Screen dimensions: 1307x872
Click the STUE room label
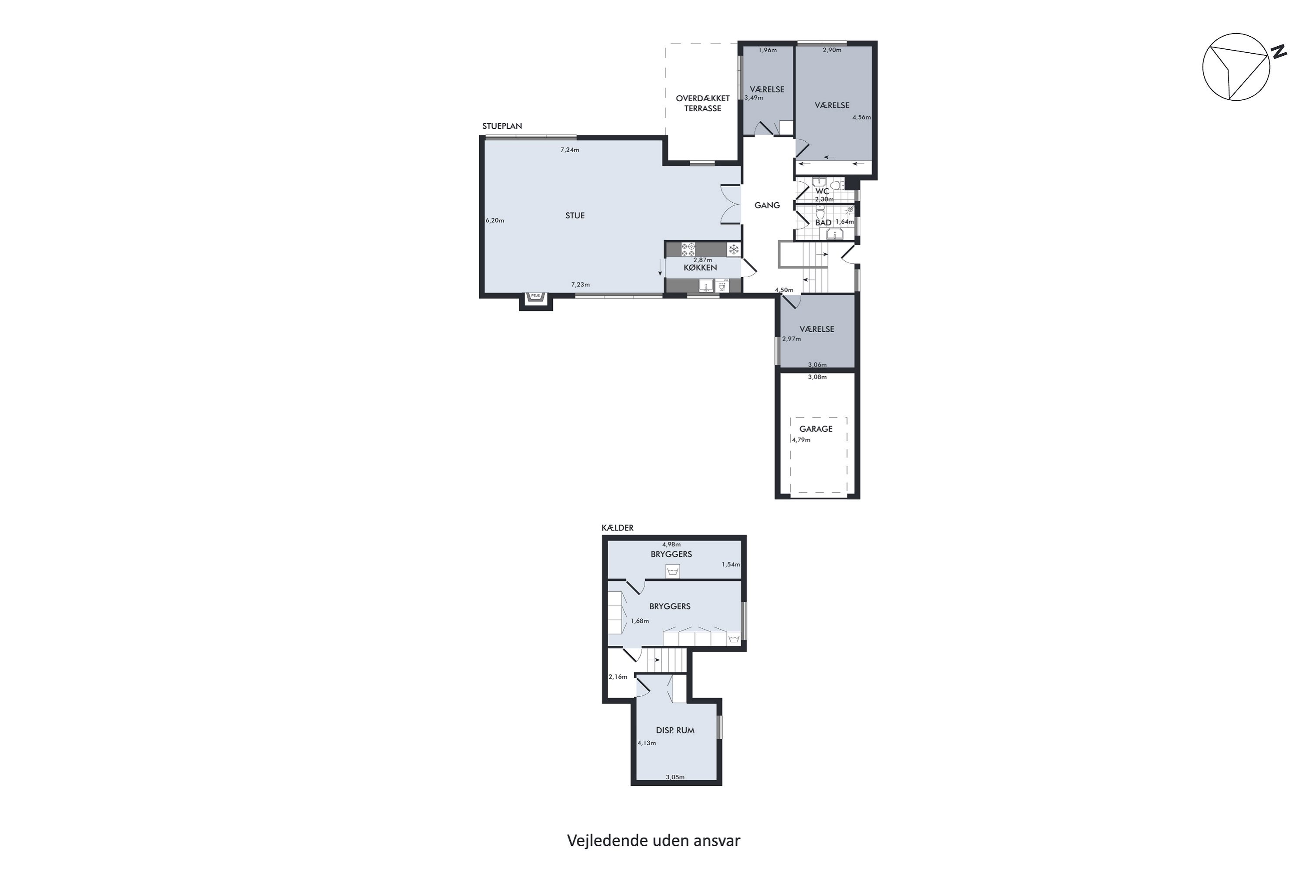(575, 216)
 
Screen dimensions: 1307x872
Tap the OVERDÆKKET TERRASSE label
(702, 103)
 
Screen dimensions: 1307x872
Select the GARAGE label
(816, 429)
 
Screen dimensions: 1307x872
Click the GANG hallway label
(767, 205)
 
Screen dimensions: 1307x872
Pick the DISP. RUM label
(675, 730)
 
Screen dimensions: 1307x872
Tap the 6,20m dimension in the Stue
(494, 220)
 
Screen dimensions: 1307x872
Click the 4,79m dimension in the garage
(801, 440)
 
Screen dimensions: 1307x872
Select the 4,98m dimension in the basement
(671, 545)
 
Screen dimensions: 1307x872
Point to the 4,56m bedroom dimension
(861, 117)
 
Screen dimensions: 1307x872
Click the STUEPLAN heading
(502, 126)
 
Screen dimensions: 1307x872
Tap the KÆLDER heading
(617, 528)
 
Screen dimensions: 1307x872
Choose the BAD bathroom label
(823, 222)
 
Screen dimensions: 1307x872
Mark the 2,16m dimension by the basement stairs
(618, 677)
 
